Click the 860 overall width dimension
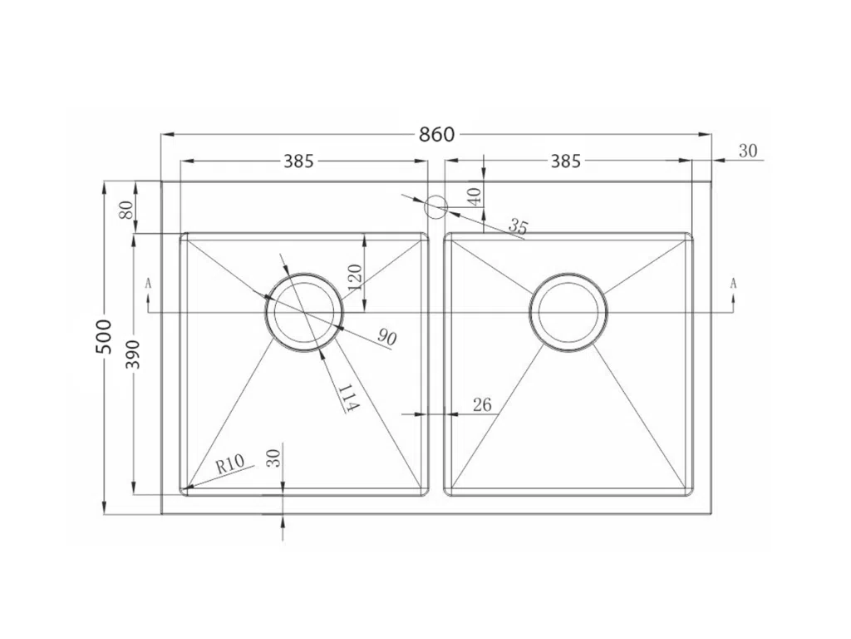[x=436, y=134]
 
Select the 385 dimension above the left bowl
[x=299, y=161]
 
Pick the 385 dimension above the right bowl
[x=565, y=161]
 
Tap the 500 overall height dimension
[x=103, y=337]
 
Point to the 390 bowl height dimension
[x=132, y=354]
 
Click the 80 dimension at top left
[x=126, y=209]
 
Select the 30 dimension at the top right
[x=748, y=151]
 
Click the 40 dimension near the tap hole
[x=474, y=196]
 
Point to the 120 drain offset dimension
[x=354, y=276]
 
